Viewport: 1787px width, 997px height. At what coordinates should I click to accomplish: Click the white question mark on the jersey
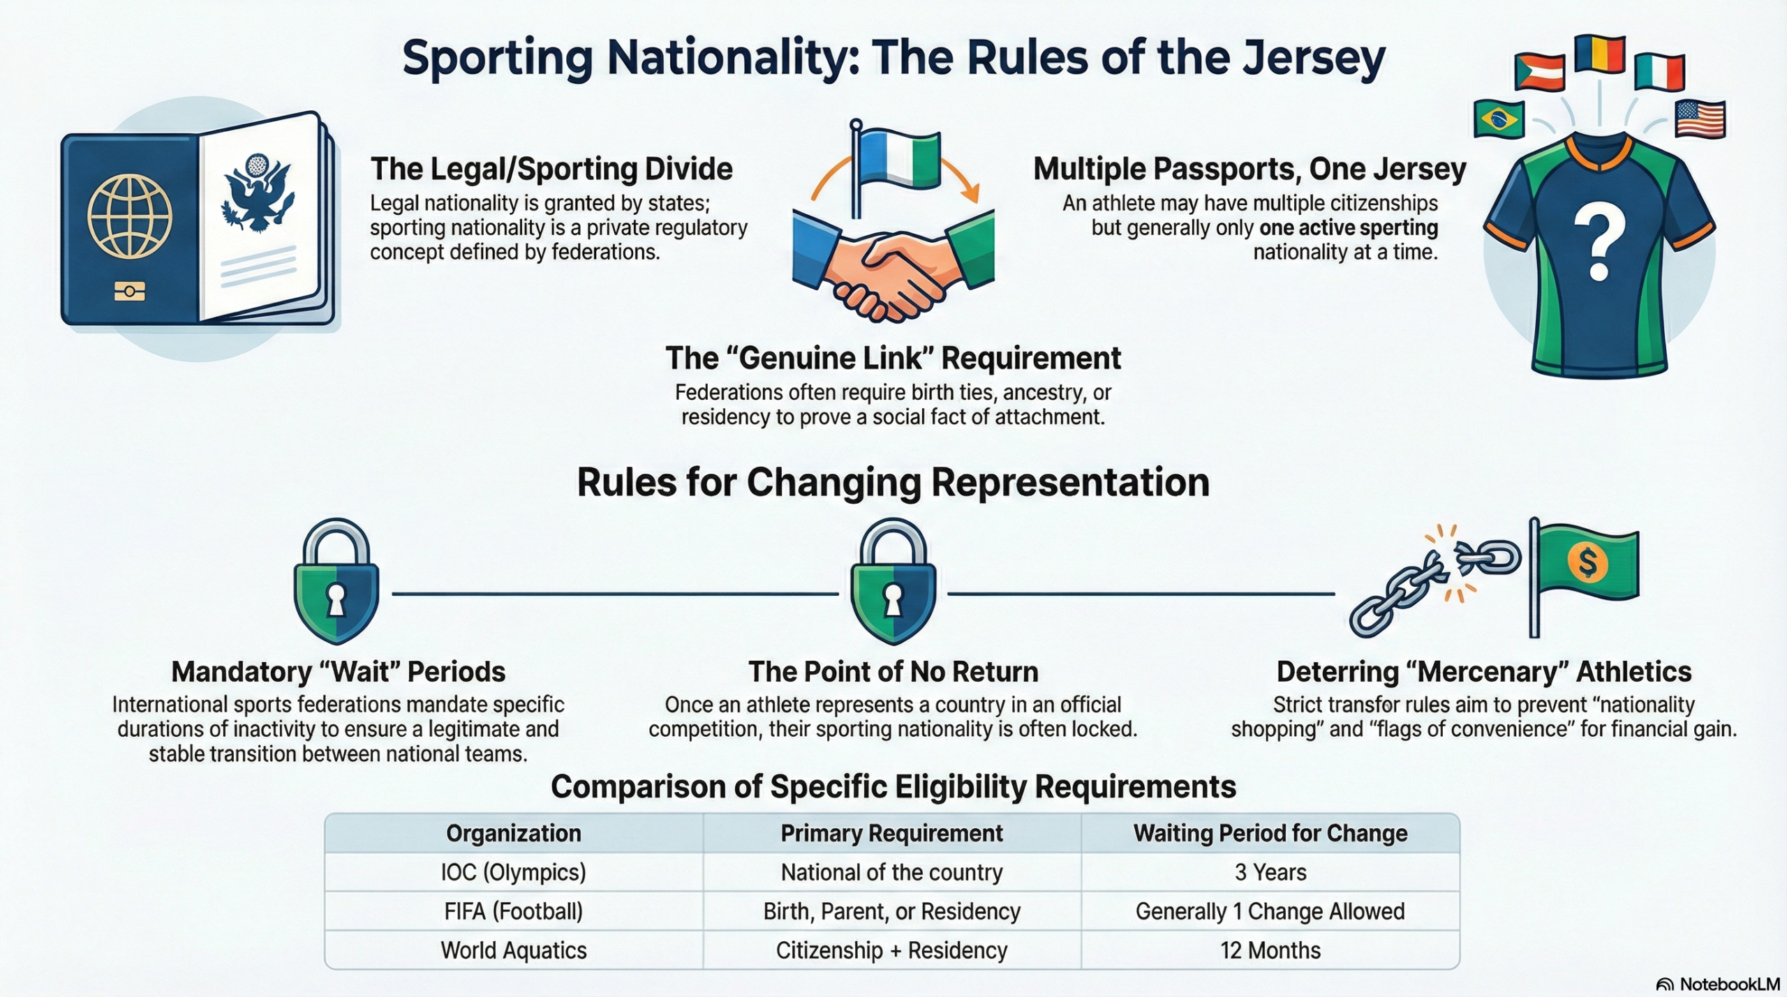[1599, 246]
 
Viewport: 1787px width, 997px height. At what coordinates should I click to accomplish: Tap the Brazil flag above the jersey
[1499, 119]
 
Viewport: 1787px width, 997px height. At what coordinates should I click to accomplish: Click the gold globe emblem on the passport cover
[129, 216]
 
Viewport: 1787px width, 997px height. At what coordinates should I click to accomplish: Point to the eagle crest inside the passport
[256, 192]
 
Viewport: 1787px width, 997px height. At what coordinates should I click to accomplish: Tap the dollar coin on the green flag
[1587, 562]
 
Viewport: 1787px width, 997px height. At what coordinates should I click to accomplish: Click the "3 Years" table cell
[1270, 872]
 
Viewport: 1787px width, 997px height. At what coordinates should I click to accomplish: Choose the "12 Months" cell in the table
[1270, 950]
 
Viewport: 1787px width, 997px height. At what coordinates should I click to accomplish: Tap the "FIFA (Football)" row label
[514, 911]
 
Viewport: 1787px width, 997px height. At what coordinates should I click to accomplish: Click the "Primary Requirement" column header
[891, 833]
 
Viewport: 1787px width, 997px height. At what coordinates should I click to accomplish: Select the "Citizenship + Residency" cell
[891, 950]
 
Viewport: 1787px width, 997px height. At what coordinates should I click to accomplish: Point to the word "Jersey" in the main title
[1307, 59]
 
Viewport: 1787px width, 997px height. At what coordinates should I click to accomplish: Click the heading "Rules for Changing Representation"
[893, 482]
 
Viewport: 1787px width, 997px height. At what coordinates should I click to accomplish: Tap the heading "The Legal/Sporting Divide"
[551, 170]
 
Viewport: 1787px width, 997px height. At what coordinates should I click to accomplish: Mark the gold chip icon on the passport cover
[130, 291]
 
